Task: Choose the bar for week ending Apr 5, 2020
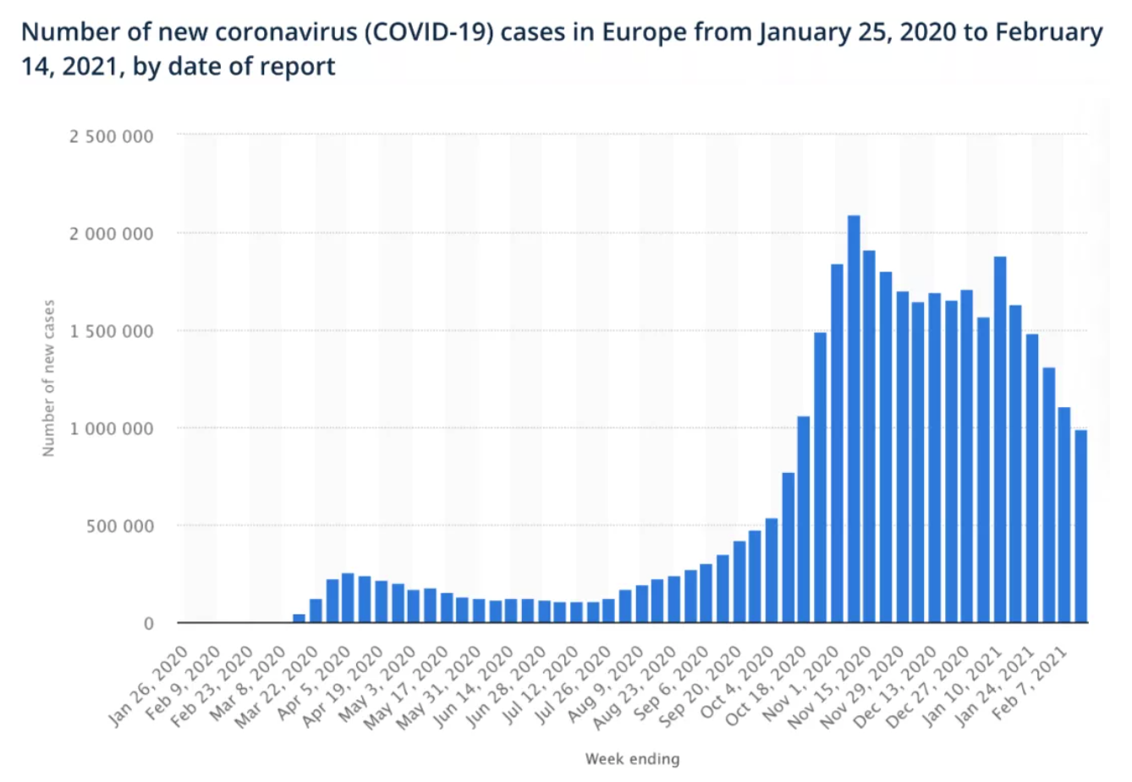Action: (348, 598)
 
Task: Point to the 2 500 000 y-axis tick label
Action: (111, 135)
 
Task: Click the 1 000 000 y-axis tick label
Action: (111, 428)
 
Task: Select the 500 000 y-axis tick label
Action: (119, 526)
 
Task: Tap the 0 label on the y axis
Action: (149, 624)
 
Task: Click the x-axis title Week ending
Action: (632, 758)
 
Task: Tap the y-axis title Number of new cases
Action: (48, 377)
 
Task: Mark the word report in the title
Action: (297, 65)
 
